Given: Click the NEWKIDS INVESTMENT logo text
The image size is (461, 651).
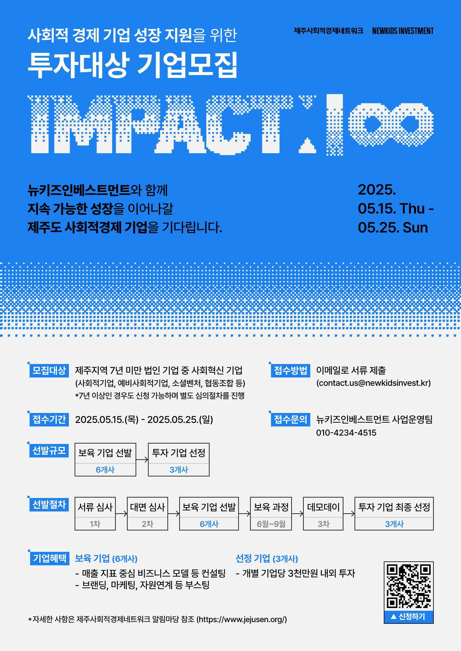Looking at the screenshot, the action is pyautogui.click(x=403, y=31).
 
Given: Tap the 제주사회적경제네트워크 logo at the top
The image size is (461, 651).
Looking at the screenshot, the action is pyautogui.click(x=328, y=31).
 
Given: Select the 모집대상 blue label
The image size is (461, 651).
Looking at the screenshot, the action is pyautogui.click(x=49, y=370).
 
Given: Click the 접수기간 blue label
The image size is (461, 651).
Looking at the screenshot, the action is pyautogui.click(x=49, y=419).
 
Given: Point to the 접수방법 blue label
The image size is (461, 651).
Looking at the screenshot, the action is pyautogui.click(x=290, y=370).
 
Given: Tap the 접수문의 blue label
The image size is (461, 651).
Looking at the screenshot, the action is pyautogui.click(x=290, y=419).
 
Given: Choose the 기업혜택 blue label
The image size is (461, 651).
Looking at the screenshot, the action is pyautogui.click(x=50, y=558).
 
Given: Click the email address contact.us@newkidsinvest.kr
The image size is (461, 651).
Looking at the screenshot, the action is pyautogui.click(x=373, y=383).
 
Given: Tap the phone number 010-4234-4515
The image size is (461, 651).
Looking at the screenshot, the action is pyautogui.click(x=346, y=433).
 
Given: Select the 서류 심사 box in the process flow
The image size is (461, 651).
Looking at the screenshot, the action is pyautogui.click(x=95, y=513).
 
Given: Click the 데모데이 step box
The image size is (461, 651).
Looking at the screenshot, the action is pyautogui.click(x=323, y=513).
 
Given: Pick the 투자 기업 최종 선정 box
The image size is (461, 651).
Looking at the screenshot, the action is pyautogui.click(x=394, y=513).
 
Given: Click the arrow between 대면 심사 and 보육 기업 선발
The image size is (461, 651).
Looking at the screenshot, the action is pyautogui.click(x=174, y=513).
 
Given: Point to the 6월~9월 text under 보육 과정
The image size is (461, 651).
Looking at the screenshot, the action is pyautogui.click(x=271, y=524).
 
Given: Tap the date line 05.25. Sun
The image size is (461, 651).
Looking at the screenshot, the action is pyautogui.click(x=393, y=228).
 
